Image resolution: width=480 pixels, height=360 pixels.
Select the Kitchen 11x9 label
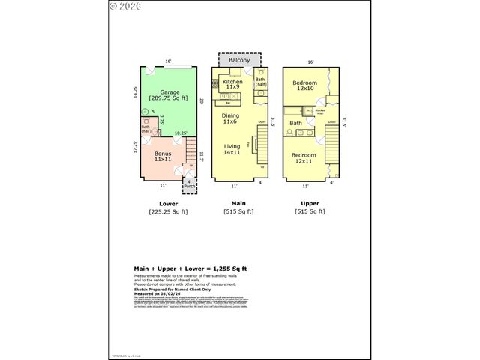click(231, 84)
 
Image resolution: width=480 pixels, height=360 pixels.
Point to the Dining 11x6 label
click(231, 118)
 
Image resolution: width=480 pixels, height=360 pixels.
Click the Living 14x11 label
click(231, 149)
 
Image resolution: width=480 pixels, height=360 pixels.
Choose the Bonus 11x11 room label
click(163, 157)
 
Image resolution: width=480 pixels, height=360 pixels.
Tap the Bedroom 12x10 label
click(304, 85)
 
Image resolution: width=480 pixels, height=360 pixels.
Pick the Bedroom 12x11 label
click(304, 157)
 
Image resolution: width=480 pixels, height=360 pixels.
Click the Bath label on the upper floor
click(296, 123)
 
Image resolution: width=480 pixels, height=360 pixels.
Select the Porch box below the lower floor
click(189, 183)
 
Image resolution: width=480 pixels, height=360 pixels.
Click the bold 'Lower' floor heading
click(168, 203)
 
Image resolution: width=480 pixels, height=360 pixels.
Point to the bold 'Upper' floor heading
click(310, 203)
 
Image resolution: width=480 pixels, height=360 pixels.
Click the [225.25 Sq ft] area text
click(168, 212)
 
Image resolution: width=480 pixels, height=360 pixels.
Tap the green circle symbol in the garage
click(145, 112)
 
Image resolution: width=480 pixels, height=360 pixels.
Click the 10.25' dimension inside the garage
click(181, 134)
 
